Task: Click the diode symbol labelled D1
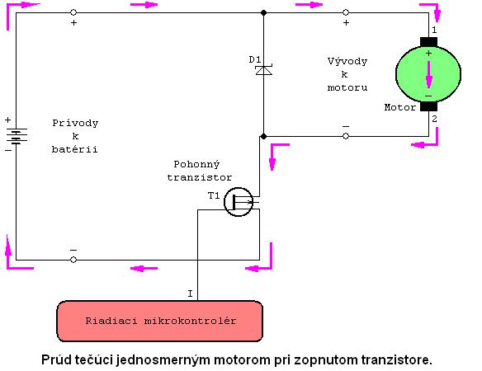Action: click(x=264, y=70)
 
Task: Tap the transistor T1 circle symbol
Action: click(x=239, y=202)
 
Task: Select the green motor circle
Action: click(x=428, y=73)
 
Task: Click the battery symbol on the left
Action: click(x=17, y=136)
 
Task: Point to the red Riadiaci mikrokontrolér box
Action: click(x=160, y=321)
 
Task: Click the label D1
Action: click(x=255, y=59)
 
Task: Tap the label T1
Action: click(x=214, y=195)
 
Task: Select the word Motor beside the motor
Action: click(x=400, y=107)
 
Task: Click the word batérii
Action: click(x=75, y=149)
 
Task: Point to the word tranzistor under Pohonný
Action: click(x=199, y=177)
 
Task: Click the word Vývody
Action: click(x=347, y=62)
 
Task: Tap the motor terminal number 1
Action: click(x=434, y=30)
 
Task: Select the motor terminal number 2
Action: click(x=434, y=119)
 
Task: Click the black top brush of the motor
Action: click(x=428, y=42)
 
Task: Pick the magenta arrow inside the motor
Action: click(x=429, y=75)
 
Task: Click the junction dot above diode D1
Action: click(x=263, y=12)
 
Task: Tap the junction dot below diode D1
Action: click(x=263, y=136)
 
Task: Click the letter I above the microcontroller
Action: click(x=191, y=294)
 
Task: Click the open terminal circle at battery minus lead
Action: click(x=73, y=260)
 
